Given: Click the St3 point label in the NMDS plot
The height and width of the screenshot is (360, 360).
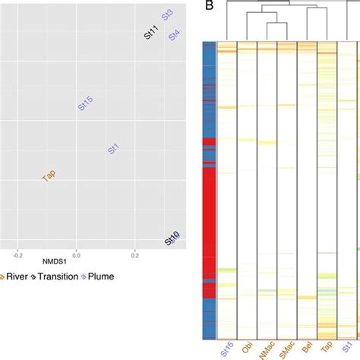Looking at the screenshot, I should coord(167,15).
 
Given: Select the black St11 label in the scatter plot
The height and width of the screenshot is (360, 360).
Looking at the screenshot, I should coord(151,33).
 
